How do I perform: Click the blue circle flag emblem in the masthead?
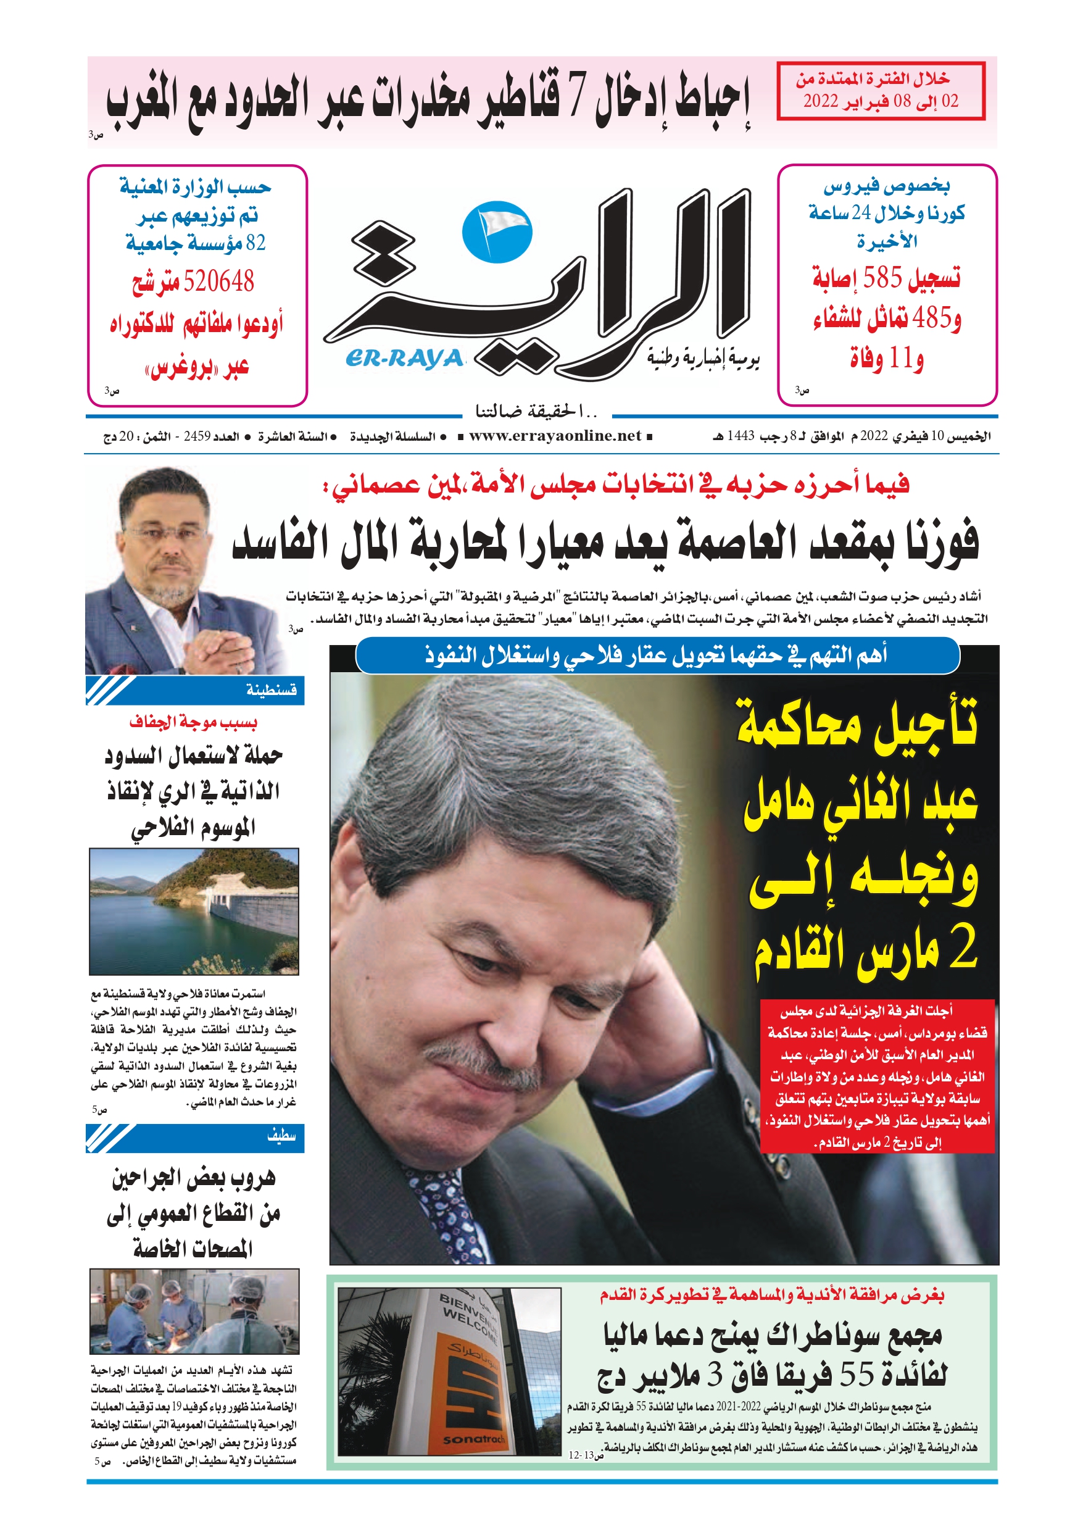point(497,233)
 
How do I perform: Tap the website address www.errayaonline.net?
point(555,436)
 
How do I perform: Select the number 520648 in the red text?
point(219,281)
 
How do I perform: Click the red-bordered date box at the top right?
point(880,91)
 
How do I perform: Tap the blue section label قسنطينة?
point(271,690)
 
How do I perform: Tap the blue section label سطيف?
point(281,1135)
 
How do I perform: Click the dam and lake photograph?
point(194,911)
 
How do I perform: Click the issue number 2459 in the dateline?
point(197,436)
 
